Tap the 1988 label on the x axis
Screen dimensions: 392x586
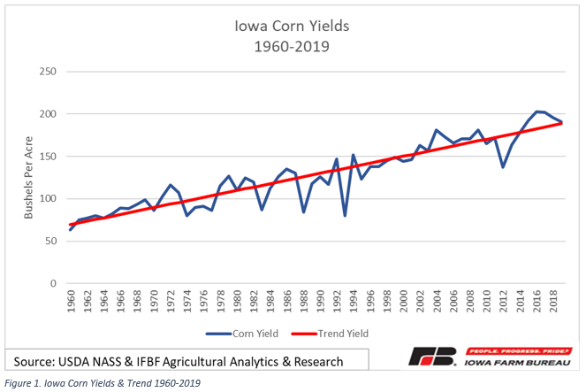pos(304,304)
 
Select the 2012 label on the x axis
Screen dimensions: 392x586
pos(504,304)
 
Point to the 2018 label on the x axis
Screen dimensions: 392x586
pos(553,304)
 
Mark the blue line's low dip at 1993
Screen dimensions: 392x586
pos(345,215)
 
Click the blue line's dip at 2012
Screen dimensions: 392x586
pos(503,166)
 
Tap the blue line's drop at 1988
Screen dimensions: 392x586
pos(304,211)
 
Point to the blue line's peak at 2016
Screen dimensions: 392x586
pos(537,111)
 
